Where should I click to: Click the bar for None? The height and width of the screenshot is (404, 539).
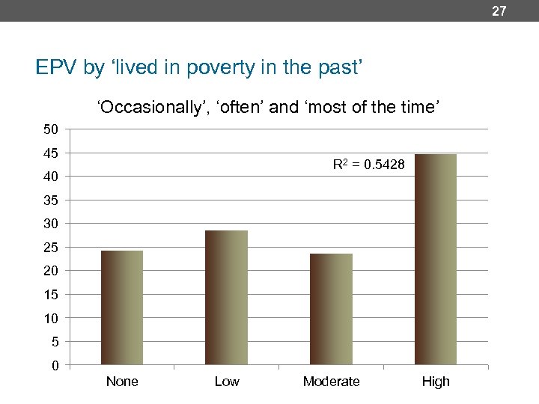[x=122, y=307]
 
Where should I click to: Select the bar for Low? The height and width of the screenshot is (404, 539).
[x=226, y=298]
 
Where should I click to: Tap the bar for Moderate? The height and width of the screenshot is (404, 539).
[x=331, y=309]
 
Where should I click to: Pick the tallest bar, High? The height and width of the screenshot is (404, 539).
[x=435, y=260]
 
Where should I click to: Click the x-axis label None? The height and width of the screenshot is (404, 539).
[x=122, y=382]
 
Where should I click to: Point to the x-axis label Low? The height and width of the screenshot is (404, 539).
[x=226, y=382]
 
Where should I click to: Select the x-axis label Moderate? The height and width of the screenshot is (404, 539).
[x=331, y=382]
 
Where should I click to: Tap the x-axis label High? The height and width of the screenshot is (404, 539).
[x=435, y=382]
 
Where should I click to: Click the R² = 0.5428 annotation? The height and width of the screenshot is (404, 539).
[x=368, y=165]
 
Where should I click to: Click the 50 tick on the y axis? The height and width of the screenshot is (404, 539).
[x=50, y=129]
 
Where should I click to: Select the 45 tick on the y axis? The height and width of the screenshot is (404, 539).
[x=50, y=153]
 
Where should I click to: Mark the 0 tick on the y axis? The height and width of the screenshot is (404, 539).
[x=55, y=366]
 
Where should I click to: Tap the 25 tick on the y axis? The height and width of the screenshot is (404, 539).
[x=50, y=248]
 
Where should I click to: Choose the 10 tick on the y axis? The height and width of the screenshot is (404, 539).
[x=50, y=318]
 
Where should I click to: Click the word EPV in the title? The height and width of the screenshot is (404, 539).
[x=57, y=69]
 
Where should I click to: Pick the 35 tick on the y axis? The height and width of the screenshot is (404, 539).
[x=50, y=201]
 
